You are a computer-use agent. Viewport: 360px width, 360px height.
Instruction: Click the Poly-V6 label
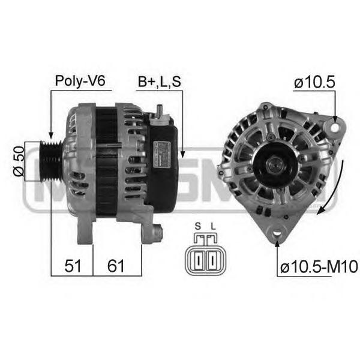click(80, 81)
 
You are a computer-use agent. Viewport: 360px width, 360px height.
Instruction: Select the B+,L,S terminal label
click(160, 82)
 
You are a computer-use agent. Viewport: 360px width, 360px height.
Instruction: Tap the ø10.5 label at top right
click(314, 82)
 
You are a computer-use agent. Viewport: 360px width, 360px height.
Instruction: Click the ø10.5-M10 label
click(319, 267)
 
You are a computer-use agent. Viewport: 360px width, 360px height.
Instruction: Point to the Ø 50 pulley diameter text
click(19, 161)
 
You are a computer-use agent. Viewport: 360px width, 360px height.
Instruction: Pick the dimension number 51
click(73, 266)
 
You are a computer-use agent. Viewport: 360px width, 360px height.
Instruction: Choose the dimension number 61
click(116, 266)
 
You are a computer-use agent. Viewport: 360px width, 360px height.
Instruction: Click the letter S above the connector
click(197, 226)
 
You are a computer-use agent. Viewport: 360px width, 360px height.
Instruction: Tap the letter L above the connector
click(213, 226)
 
